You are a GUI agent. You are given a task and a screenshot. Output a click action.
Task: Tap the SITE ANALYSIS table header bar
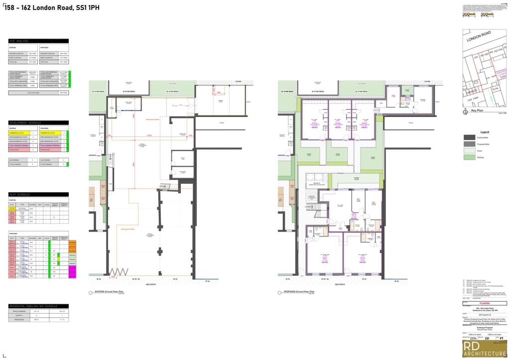[39, 41]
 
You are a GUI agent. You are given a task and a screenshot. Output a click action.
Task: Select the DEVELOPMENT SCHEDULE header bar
[39, 122]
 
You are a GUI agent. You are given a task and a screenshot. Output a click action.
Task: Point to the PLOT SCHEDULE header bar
[39, 194]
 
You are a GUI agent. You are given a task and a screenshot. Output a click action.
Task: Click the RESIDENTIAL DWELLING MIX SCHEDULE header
[39, 306]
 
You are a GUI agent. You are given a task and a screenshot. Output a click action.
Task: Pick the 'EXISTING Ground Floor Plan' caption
[109, 292]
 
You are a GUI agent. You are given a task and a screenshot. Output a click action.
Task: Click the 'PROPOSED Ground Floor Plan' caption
[298, 292]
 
